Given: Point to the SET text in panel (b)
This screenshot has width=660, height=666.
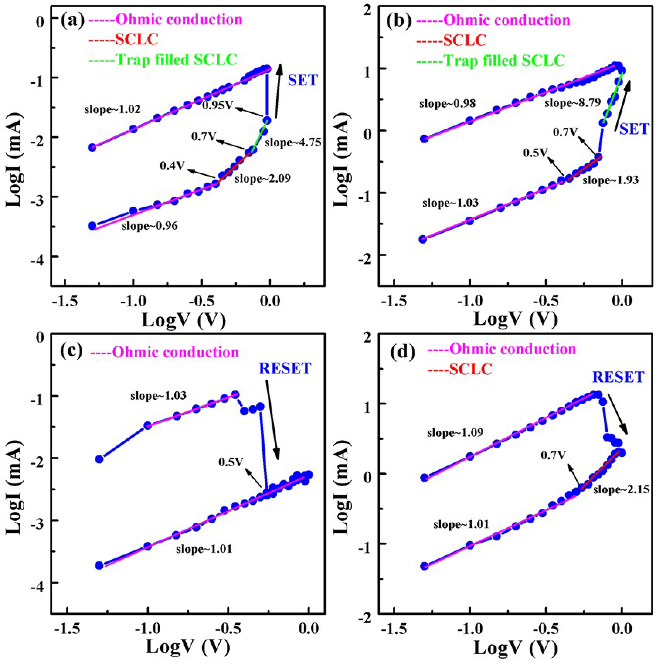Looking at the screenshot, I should [634, 130].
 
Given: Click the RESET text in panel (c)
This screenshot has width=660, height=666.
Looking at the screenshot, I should [285, 369].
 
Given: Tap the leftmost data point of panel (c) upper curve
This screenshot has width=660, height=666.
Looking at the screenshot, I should [99, 459].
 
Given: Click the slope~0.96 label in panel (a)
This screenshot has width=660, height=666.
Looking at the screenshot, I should [149, 226].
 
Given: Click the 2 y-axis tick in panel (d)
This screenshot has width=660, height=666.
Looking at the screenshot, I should [368, 337].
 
